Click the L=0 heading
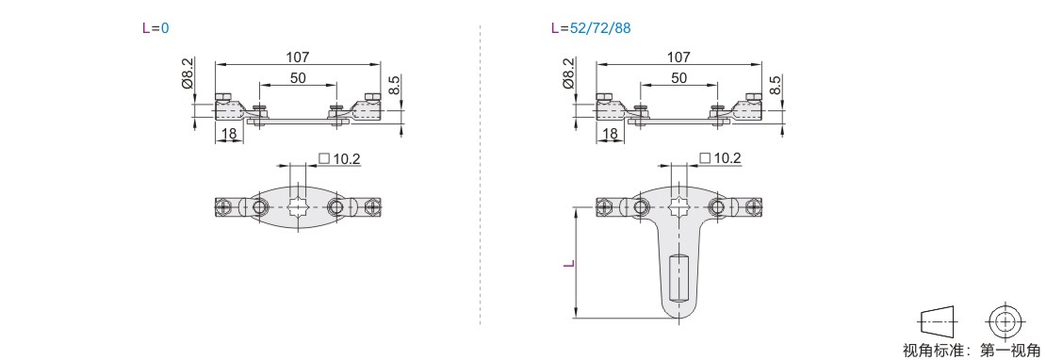(x=156, y=28)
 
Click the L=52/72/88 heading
(x=590, y=28)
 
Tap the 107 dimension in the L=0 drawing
(x=298, y=57)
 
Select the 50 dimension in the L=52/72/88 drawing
(x=679, y=78)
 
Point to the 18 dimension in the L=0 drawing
(x=229, y=133)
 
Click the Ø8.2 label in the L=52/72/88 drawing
(x=568, y=73)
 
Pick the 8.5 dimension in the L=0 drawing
(x=394, y=85)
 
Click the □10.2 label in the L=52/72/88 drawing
(x=721, y=158)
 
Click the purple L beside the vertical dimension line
(x=568, y=263)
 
